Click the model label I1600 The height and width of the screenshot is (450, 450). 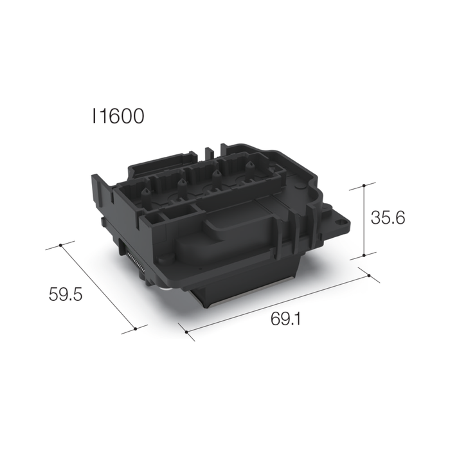click(118, 116)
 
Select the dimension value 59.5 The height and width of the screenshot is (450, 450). click(66, 295)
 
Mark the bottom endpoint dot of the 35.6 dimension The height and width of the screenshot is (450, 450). click(364, 255)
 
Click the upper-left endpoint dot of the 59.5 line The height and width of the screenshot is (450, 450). click(60, 245)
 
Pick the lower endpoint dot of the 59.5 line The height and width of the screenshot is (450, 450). click(136, 328)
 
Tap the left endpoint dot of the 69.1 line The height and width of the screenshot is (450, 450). click(186, 333)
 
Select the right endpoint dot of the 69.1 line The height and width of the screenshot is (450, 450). click(369, 275)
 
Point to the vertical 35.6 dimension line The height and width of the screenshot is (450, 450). click(364, 220)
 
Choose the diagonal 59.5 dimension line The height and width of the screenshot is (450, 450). click(98, 286)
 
